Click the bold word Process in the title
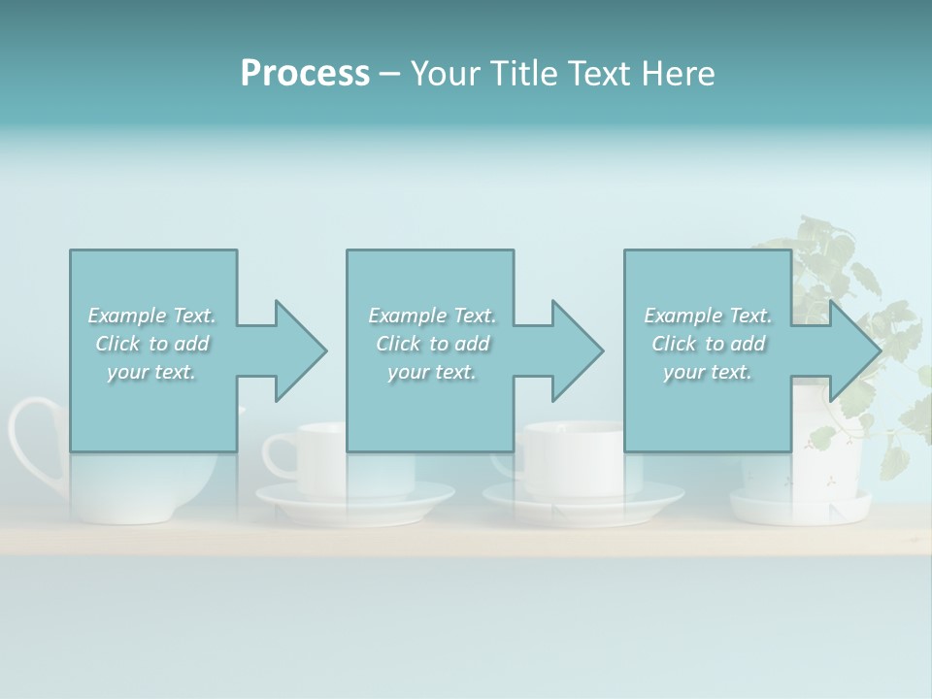(305, 74)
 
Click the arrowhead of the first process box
(300, 350)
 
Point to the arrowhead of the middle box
(577, 350)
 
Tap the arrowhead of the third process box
(854, 350)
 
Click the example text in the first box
(152, 344)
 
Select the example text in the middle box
(432, 344)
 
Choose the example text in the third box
(708, 344)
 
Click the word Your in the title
(442, 74)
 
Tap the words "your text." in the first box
(152, 372)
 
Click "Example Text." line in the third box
(708, 316)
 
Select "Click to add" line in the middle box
(432, 344)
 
